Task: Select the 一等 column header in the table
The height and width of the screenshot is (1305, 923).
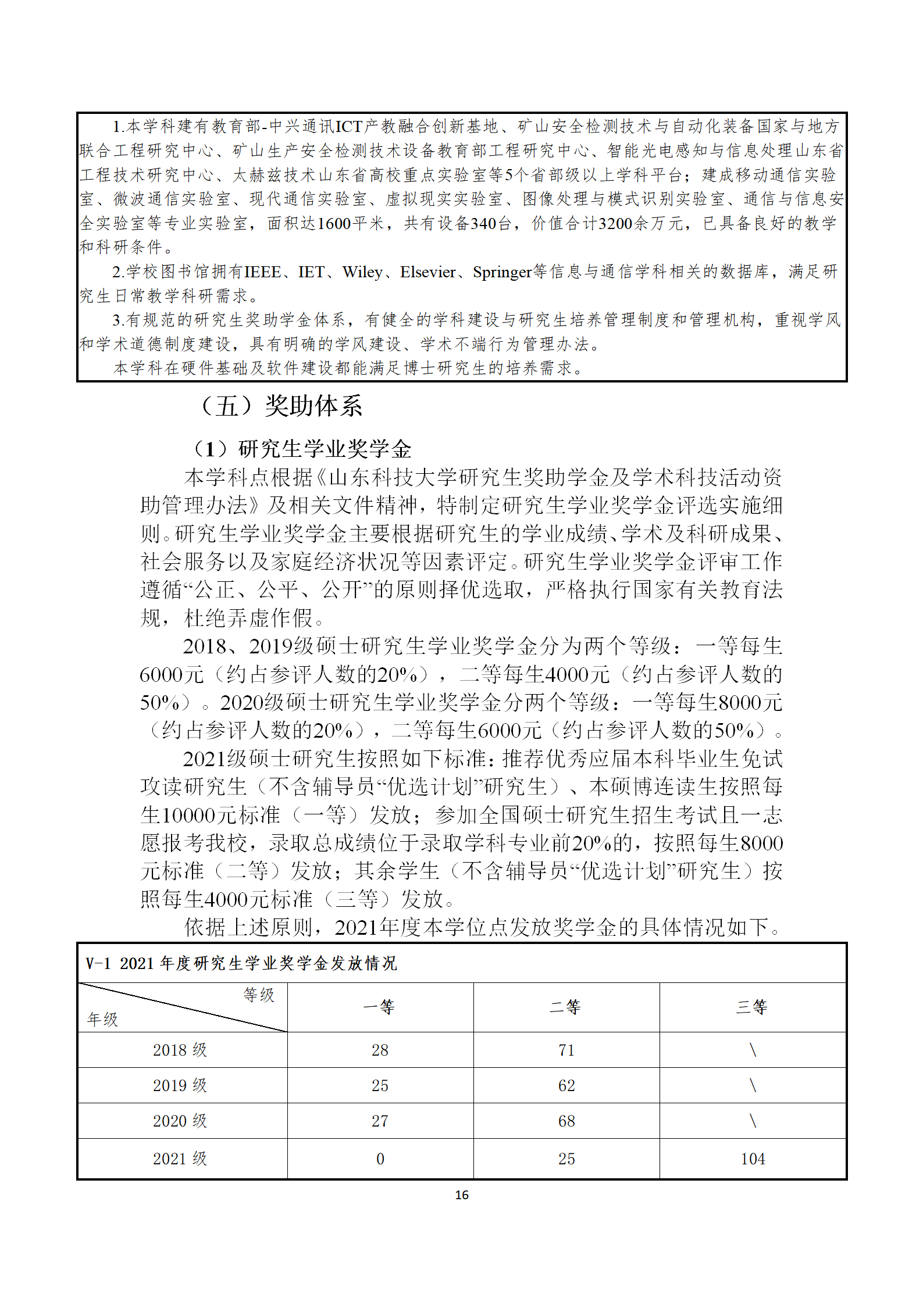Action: pos(379,1007)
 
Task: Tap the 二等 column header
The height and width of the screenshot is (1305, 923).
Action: pos(565,1007)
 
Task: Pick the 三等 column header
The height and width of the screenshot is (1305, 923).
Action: pos(752,1007)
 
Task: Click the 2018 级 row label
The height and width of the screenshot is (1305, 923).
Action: pos(180,1050)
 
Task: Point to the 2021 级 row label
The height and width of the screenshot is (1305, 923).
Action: pos(180,1159)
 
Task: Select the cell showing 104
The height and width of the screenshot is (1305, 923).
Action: pos(753,1159)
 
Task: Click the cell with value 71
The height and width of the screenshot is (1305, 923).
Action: pos(566,1050)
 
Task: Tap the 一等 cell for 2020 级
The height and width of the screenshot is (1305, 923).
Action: pos(380,1121)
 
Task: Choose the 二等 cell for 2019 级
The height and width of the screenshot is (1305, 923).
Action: pos(566,1085)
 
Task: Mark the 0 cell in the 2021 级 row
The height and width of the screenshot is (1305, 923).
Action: pos(380,1159)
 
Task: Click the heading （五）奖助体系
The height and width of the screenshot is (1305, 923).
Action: pos(281,406)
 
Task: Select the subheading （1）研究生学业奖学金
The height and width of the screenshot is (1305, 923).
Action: pos(301,449)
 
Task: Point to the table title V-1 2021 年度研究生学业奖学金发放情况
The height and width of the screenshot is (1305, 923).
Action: pos(241,963)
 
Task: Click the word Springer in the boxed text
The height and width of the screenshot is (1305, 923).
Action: pos(502,272)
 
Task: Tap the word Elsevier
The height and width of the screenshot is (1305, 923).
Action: pos(427,272)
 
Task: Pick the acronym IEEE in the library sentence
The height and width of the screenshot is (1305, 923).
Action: pos(262,272)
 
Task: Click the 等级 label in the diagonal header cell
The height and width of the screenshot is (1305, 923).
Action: pos(259,995)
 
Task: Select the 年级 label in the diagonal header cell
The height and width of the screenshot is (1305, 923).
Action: pos(102,1019)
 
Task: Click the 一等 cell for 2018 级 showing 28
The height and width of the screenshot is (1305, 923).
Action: pos(380,1050)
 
